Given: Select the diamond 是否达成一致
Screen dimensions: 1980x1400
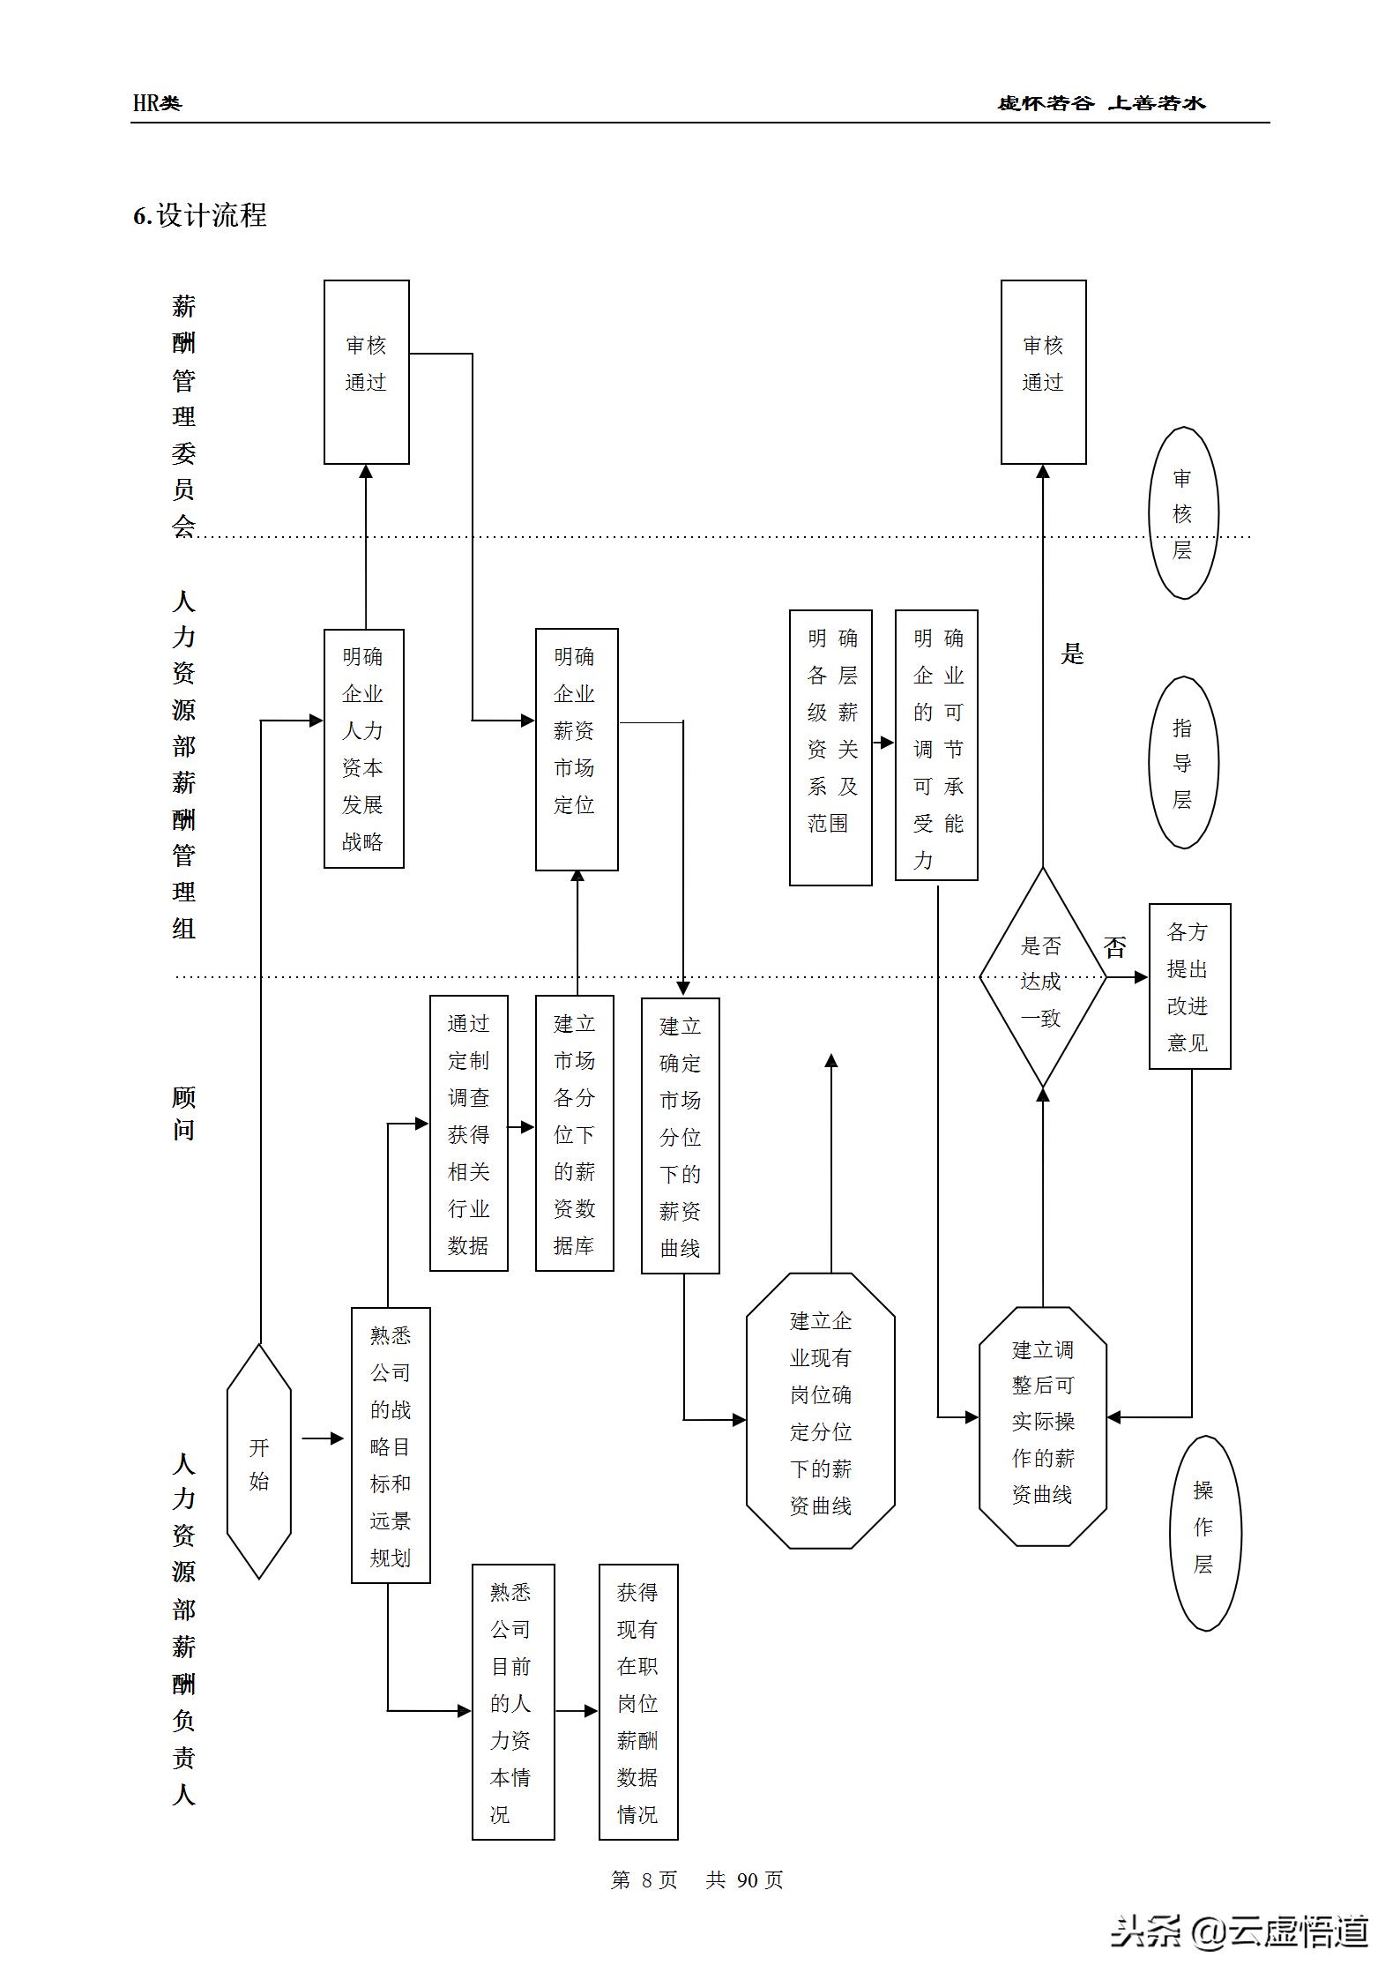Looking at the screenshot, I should click(1042, 977).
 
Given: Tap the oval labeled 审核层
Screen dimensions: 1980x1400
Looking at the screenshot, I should click(1183, 513).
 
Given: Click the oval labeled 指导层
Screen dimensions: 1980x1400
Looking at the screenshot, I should click(1183, 763).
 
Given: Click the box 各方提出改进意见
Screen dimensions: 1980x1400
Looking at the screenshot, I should click(1189, 986).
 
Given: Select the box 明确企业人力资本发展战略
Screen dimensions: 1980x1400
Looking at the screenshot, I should click(363, 748).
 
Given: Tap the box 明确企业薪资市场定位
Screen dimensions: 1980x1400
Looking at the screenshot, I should click(577, 749).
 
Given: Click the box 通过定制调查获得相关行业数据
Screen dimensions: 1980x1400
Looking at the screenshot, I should click(468, 1133).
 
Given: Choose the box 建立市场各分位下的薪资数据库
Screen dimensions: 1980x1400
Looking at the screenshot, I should click(574, 1133).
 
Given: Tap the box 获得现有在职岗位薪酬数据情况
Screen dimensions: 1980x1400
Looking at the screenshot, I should click(638, 1702).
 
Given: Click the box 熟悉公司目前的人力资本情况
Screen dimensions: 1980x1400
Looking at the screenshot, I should click(513, 1702).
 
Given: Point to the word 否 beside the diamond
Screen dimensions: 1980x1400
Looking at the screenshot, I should click(1115, 947).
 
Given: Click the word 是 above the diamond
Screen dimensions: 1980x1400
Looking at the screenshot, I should click(1072, 654).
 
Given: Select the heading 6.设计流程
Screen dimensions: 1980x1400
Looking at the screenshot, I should click(200, 215).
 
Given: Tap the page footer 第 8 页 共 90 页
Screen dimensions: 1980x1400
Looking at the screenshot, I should click(696, 1881).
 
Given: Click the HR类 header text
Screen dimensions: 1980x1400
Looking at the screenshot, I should click(157, 103).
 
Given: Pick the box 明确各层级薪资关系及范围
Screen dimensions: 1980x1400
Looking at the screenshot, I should click(830, 747).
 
